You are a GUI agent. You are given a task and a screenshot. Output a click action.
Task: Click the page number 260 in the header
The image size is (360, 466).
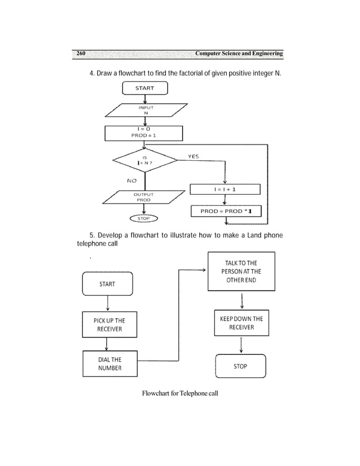tap(81, 54)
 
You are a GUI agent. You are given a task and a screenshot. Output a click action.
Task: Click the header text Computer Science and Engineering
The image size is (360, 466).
tap(238, 54)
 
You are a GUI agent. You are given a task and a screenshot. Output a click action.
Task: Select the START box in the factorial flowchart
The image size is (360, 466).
tap(144, 88)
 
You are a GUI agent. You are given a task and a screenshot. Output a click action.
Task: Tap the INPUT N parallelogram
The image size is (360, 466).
tap(145, 109)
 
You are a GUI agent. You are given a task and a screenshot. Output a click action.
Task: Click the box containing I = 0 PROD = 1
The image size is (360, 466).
tap(144, 133)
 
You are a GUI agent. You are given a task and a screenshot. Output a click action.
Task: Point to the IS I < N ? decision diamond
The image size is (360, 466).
tap(145, 160)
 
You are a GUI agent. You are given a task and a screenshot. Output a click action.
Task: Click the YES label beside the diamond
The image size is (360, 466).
tap(194, 156)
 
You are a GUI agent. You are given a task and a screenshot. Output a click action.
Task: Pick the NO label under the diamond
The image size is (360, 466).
tap(131, 181)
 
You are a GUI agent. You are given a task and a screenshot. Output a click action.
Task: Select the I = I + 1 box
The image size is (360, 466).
tap(225, 190)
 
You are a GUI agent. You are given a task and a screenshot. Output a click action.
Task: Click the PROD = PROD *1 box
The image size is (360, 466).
tap(226, 212)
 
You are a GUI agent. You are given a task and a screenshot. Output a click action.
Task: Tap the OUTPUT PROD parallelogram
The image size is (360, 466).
tap(143, 197)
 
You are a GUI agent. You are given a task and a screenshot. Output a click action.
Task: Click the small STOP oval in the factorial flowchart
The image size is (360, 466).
tap(144, 218)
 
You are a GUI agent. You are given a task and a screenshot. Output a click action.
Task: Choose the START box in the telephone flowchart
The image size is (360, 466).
tap(107, 284)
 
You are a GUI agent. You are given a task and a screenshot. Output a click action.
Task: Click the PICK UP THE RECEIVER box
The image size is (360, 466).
tap(109, 324)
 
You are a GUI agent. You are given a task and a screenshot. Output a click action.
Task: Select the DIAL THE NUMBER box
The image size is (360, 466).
tap(109, 363)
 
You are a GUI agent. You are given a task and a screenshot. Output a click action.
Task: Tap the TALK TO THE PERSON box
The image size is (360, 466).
tap(241, 271)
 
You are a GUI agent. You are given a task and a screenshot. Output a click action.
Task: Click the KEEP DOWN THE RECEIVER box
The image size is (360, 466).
tap(241, 323)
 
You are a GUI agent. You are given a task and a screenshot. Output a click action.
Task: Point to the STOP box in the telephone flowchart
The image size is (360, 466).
tap(240, 366)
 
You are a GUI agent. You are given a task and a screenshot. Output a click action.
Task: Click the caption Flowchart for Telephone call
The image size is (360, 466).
tap(179, 393)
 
